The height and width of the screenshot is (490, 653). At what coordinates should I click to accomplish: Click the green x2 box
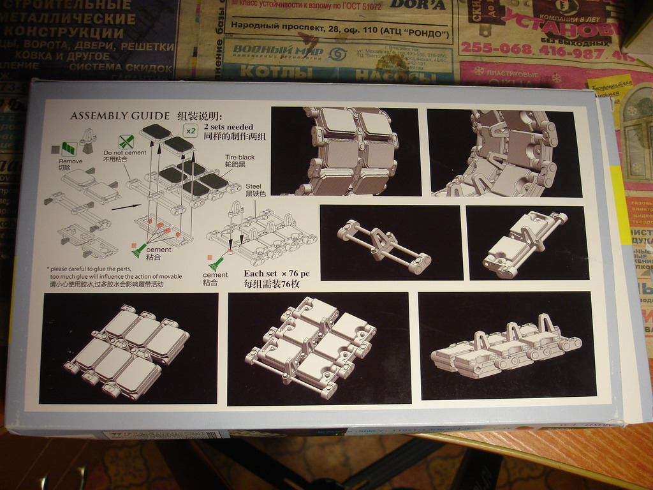(x=190, y=130)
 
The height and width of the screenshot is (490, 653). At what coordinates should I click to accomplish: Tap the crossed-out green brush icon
(x=127, y=142)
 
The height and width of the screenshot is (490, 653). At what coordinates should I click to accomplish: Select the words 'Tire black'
(x=239, y=156)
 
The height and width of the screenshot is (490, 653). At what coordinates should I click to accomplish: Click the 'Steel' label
(x=253, y=186)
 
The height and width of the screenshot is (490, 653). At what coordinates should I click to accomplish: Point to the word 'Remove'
(x=70, y=161)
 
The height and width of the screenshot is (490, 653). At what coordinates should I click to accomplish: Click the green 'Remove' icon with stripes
(x=69, y=149)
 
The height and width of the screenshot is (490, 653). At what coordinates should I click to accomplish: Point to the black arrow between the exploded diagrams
(x=126, y=206)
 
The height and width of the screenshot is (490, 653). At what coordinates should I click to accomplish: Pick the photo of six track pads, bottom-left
(x=129, y=348)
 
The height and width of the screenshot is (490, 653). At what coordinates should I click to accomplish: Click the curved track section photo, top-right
(x=504, y=153)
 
